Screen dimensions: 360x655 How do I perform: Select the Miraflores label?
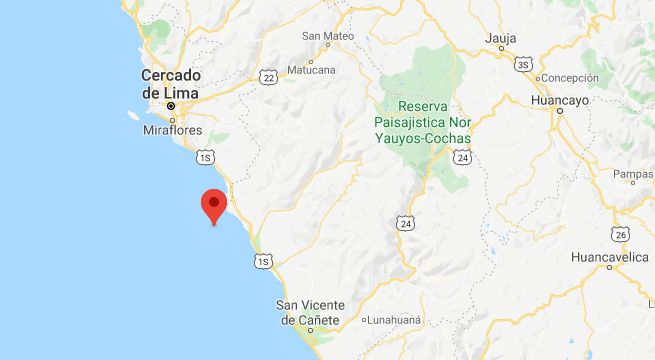[171, 130]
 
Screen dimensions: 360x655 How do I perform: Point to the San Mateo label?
[328, 37]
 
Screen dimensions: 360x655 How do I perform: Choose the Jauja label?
[500, 39]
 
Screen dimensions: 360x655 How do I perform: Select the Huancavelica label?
[610, 257]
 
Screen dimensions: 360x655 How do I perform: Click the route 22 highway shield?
[266, 76]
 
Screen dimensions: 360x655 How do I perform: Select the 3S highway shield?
[523, 65]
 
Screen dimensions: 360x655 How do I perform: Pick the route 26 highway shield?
[621, 234]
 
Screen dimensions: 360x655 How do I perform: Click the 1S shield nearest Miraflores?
[206, 157]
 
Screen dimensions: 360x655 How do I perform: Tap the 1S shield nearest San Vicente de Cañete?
[263, 262]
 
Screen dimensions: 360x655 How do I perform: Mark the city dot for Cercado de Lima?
[171, 105]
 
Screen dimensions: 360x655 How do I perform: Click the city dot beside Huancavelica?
[608, 268]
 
